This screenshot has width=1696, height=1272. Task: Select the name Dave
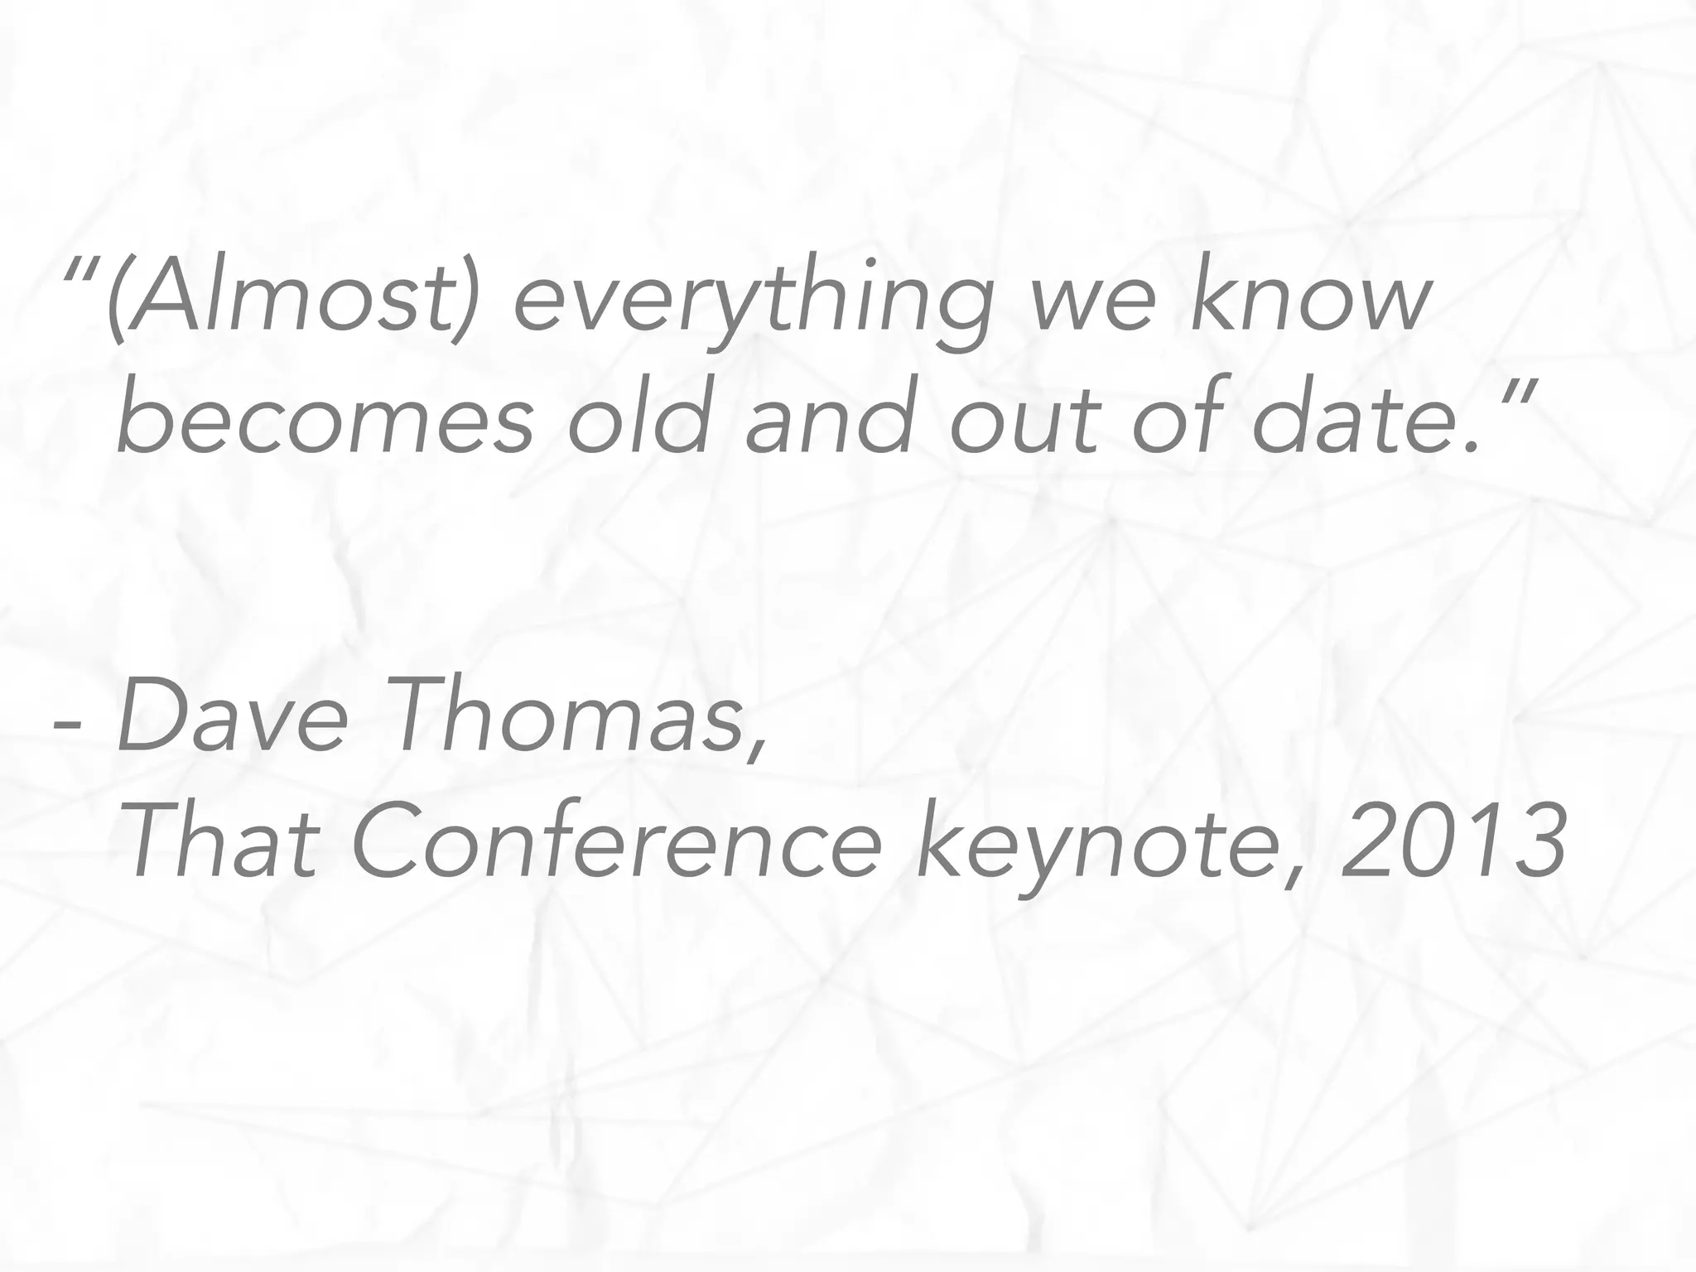(x=232, y=716)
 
